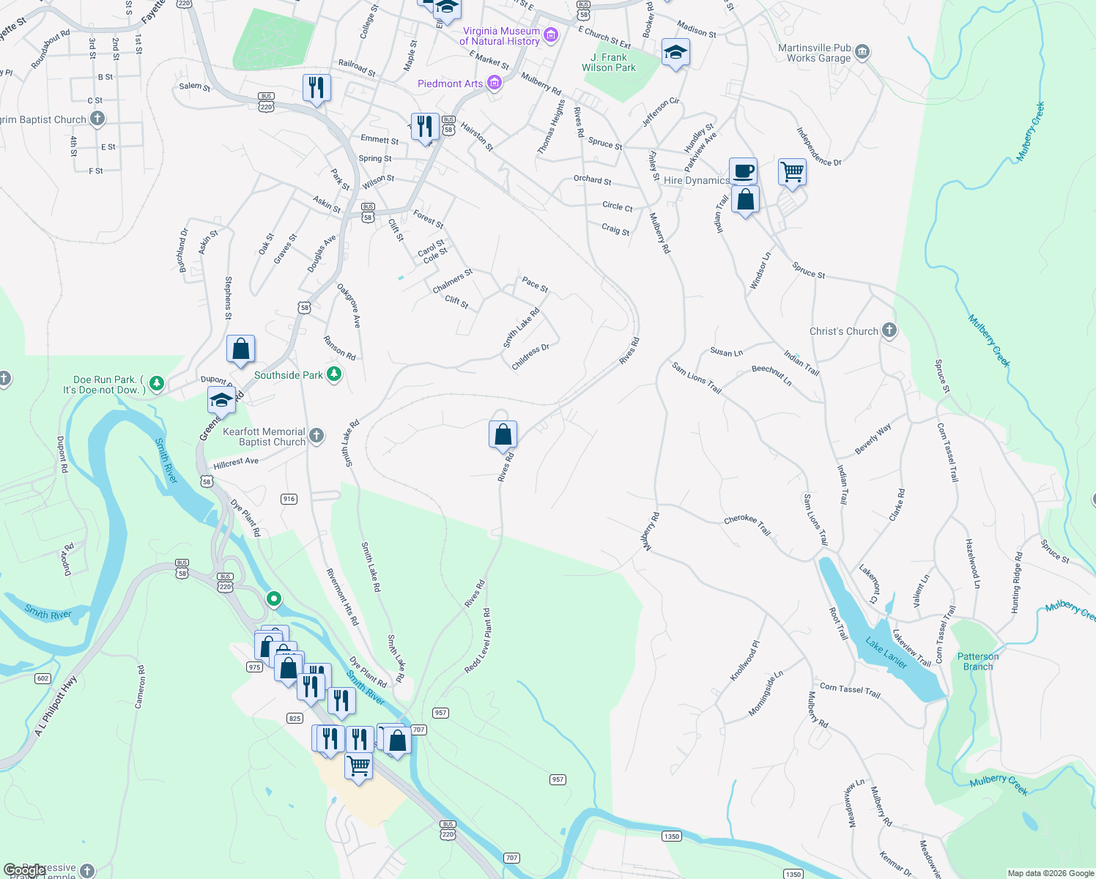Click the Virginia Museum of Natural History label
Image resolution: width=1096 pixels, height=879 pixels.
click(x=500, y=37)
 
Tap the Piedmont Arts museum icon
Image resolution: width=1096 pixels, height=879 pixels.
click(x=495, y=84)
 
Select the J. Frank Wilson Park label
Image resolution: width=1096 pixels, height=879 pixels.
click(x=609, y=62)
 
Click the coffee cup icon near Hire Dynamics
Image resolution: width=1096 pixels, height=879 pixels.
click(x=743, y=171)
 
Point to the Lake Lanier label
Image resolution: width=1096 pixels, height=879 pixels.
click(x=886, y=653)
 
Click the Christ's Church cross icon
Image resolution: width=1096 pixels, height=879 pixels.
click(x=889, y=330)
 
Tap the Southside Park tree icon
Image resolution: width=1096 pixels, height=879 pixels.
click(x=334, y=375)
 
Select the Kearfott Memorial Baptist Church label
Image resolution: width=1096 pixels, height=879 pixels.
click(x=264, y=437)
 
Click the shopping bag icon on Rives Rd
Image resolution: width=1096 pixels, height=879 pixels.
click(x=503, y=434)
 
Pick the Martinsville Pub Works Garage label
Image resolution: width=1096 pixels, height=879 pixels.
click(x=815, y=53)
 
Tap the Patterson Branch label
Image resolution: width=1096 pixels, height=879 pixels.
click(x=978, y=661)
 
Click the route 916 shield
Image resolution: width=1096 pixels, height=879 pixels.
click(x=289, y=499)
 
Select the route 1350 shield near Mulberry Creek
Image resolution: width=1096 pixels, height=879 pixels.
click(x=671, y=836)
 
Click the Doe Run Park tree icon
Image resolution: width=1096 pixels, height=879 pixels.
click(x=156, y=383)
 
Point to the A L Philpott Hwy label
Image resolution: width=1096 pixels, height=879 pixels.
click(x=55, y=705)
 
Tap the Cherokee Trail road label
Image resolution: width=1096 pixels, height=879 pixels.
click(x=747, y=524)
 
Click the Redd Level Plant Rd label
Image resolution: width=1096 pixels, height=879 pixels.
click(x=478, y=641)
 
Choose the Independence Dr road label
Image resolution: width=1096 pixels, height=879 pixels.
click(x=819, y=146)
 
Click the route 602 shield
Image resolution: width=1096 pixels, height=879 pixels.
click(x=42, y=678)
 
